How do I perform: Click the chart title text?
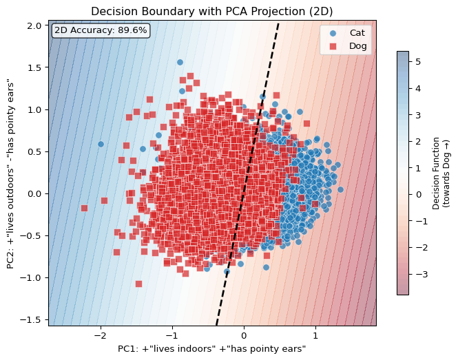pyautogui.click(x=212, y=11)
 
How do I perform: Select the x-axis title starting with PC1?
pyautogui.click(x=212, y=349)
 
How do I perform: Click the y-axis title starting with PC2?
pyautogui.click(x=11, y=174)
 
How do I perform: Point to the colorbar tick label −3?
pyautogui.click(x=418, y=274)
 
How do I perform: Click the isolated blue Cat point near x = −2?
pyautogui.click(x=101, y=144)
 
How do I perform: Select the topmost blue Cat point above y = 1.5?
pyautogui.click(x=180, y=62)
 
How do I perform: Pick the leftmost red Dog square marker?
pyautogui.click(x=84, y=208)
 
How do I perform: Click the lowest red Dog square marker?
pyautogui.click(x=138, y=284)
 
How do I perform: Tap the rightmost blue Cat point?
pyautogui.click(x=340, y=189)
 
